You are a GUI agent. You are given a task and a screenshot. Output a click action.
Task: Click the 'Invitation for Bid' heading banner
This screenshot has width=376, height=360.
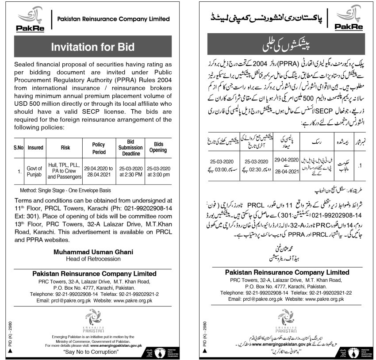click(93, 47)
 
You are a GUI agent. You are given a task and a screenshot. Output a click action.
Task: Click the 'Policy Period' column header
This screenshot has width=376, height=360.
click(98, 149)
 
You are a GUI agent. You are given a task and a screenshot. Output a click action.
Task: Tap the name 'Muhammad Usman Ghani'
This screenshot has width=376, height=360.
click(93, 252)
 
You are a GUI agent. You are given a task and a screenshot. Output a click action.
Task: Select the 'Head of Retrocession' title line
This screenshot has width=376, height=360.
click(93, 258)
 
